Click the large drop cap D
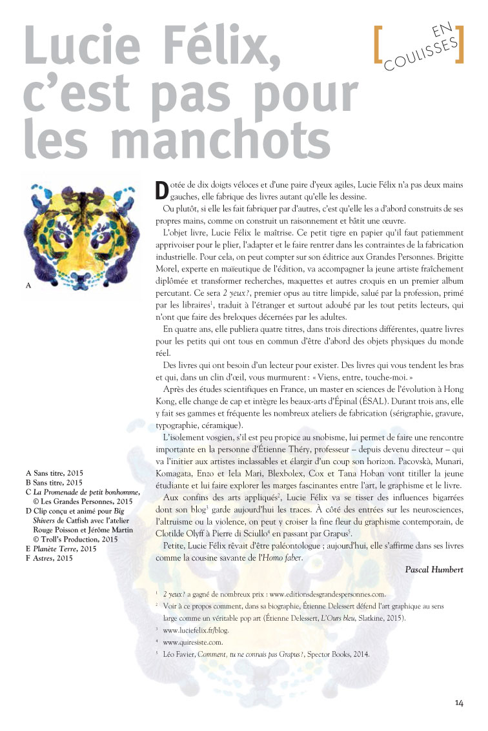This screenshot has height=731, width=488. (163, 191)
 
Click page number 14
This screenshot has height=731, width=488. (459, 703)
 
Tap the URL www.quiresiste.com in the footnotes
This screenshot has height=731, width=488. (194, 642)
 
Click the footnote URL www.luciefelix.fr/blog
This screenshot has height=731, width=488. (198, 630)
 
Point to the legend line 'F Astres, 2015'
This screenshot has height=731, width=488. (49, 558)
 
